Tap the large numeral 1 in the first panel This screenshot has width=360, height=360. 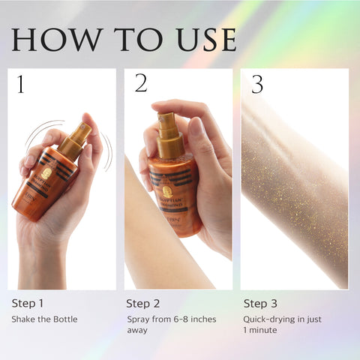point(20,85)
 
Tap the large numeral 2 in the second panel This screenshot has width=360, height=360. point(140,84)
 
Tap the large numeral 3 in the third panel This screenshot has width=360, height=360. point(257,85)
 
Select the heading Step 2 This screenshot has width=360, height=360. point(143,304)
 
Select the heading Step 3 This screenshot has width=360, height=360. point(260,304)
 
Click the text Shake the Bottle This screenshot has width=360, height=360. point(43,319)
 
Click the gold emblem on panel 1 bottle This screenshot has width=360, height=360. point(46,173)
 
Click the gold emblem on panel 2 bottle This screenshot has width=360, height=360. point(166,191)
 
